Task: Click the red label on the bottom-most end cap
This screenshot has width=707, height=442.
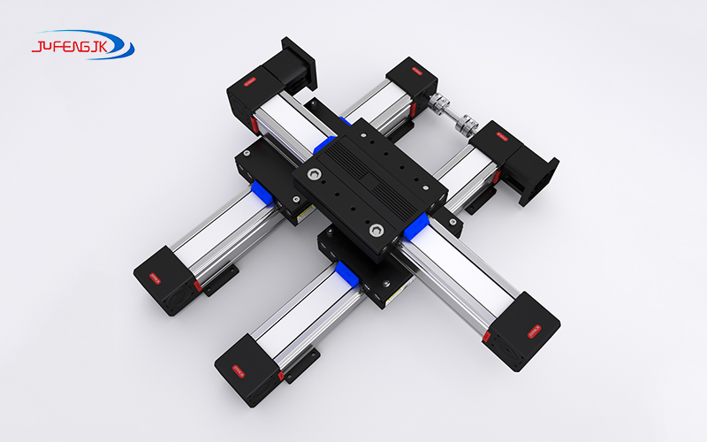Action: pyautogui.click(x=236, y=369)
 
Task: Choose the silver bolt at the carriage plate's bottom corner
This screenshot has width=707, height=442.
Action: pyautogui.click(x=376, y=231)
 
